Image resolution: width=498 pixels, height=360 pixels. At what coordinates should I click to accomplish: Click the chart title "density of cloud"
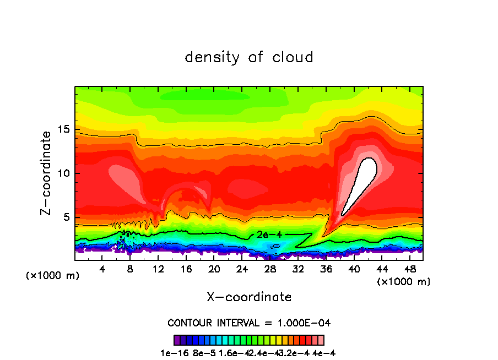pyautogui.click(x=249, y=57)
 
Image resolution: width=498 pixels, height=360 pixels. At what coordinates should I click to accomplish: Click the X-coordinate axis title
pyautogui.click(x=249, y=297)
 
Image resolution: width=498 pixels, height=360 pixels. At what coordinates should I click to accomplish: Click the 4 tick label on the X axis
pyautogui.click(x=102, y=269)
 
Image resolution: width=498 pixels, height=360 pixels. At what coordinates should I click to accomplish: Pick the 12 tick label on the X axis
pyautogui.click(x=158, y=269)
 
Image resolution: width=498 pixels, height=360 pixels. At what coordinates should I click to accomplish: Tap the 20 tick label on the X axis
pyautogui.click(x=214, y=269)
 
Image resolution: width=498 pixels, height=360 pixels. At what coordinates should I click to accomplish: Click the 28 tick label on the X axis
pyautogui.click(x=270, y=269)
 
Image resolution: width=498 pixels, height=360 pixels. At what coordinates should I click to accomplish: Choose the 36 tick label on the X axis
pyautogui.click(x=326, y=269)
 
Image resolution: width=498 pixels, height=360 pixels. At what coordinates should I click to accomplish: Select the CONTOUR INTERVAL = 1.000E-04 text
pyautogui.click(x=249, y=323)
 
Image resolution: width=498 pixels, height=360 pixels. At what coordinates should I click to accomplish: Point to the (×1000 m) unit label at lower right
pyautogui.click(x=404, y=282)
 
